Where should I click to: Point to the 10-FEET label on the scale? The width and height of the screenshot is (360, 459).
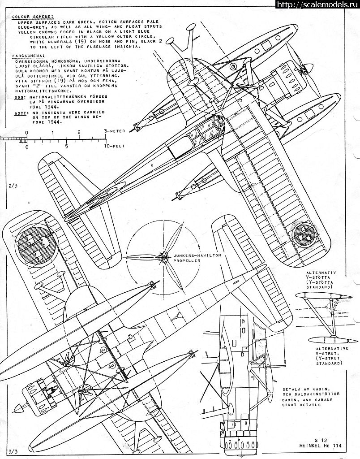(x=114, y=146)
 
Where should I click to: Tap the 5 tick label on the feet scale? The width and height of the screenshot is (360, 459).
(x=66, y=146)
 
